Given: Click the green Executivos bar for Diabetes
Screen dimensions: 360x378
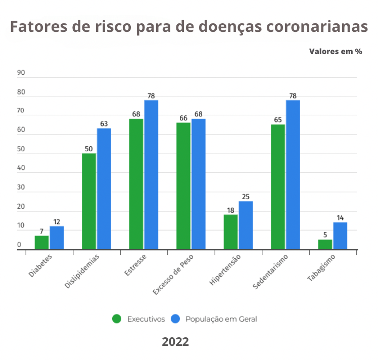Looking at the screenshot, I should point(41,243).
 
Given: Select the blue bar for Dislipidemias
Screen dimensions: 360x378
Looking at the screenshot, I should point(104,189).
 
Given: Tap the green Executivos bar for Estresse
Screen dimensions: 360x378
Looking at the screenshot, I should point(136,184).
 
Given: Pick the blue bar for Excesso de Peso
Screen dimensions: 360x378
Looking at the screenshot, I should point(199,184).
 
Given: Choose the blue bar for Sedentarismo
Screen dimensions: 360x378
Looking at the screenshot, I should point(293,174).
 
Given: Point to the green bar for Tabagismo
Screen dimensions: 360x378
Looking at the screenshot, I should point(325,245).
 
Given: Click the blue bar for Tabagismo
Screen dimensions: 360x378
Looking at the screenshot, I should point(340,236).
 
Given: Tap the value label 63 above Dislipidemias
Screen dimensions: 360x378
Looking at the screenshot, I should point(104,123).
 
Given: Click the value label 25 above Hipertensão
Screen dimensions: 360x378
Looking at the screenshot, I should point(246,196).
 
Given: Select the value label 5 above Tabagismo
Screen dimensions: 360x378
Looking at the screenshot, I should point(325,235).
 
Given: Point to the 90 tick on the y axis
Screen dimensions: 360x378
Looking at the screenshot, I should point(21,73).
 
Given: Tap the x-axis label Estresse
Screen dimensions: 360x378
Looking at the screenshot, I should point(135,266).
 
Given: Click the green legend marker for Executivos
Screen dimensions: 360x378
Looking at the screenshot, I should point(117,319).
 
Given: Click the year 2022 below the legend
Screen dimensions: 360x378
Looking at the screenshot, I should point(175,342).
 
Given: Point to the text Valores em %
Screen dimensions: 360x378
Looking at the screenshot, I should point(336,52).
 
